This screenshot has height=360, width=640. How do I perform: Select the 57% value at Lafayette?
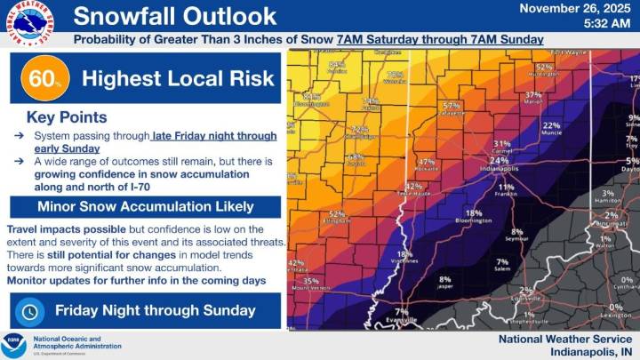click(x=452, y=106)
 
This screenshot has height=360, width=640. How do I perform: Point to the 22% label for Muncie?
click(x=552, y=126)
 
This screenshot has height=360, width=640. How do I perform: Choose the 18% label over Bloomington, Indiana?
click(x=474, y=212)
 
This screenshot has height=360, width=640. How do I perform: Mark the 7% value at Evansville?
click(x=402, y=311)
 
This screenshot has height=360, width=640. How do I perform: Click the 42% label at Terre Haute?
click(x=413, y=186)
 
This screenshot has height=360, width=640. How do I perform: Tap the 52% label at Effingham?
click(x=337, y=214)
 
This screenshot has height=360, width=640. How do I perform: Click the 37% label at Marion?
click(x=533, y=94)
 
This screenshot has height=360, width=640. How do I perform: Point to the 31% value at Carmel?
click(x=502, y=143)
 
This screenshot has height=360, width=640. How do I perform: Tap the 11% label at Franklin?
click(x=506, y=187)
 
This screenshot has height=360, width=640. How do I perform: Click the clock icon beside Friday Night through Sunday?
click(x=30, y=311)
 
